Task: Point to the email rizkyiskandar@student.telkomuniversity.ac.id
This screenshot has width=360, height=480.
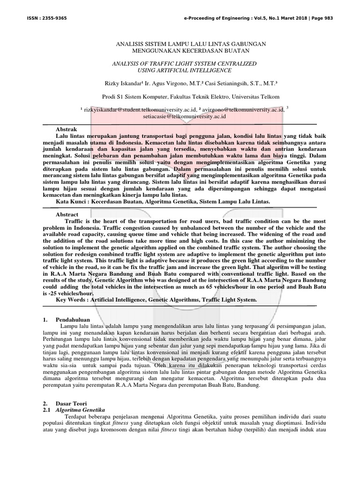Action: pyautogui.click(x=132, y=109)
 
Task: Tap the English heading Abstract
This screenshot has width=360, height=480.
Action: pyautogui.click(x=67, y=213)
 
